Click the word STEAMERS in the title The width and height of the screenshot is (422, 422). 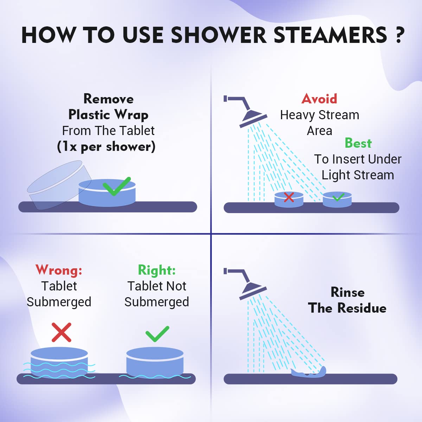tap(330, 35)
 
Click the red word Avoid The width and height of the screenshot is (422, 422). tap(319, 99)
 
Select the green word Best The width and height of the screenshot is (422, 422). tap(358, 143)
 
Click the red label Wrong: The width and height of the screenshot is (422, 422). tap(59, 270)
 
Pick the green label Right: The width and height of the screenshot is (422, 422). tap(156, 270)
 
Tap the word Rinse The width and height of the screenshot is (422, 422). tap(347, 292)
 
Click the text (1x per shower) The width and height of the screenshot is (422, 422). tap(106, 147)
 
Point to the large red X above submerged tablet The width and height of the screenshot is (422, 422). tap(62, 332)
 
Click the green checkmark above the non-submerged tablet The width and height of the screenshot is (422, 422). tap(157, 333)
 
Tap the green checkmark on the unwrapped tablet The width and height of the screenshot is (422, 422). tap(116, 186)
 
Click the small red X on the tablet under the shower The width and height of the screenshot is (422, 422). tap(289, 197)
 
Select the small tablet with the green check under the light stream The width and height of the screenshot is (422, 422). tap(337, 200)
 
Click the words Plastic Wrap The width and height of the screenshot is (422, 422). tap(108, 115)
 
